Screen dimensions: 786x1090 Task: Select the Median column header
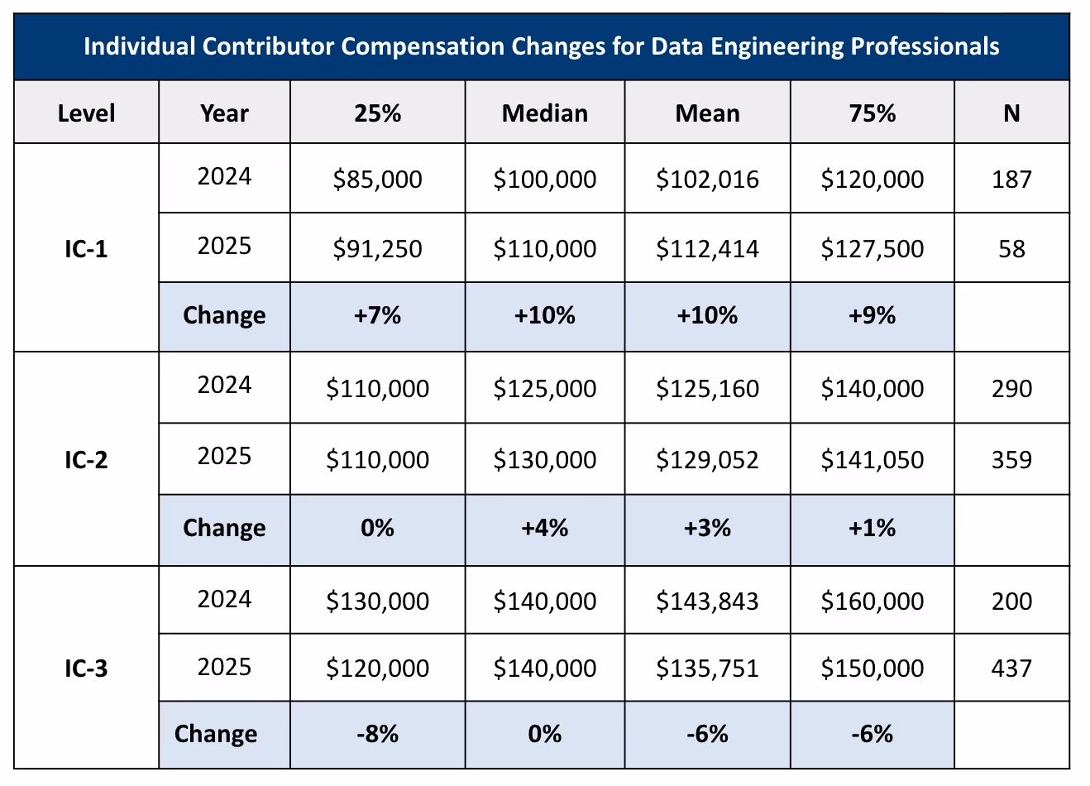(x=544, y=113)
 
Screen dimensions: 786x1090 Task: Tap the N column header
(x=1011, y=113)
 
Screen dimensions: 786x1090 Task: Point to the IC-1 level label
(x=86, y=249)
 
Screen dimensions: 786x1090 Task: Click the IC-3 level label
(x=86, y=668)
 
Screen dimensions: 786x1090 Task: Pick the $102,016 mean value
(x=707, y=180)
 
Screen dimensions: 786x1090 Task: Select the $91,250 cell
(x=377, y=249)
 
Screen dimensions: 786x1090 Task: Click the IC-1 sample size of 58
(x=1011, y=249)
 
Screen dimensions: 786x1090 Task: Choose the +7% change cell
(x=377, y=315)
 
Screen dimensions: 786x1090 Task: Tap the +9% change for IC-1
(x=872, y=315)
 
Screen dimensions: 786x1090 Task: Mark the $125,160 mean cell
(x=707, y=389)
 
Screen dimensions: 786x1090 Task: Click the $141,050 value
(x=872, y=460)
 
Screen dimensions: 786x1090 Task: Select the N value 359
(x=1011, y=460)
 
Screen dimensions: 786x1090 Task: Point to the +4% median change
(x=544, y=528)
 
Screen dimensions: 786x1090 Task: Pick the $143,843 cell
(x=707, y=601)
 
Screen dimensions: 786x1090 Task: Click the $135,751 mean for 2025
(x=707, y=669)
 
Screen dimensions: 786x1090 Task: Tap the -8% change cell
(x=377, y=734)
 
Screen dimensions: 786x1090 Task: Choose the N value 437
(x=1011, y=669)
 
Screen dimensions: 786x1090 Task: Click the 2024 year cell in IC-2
(x=224, y=386)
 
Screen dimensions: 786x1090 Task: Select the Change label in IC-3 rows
(x=216, y=734)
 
